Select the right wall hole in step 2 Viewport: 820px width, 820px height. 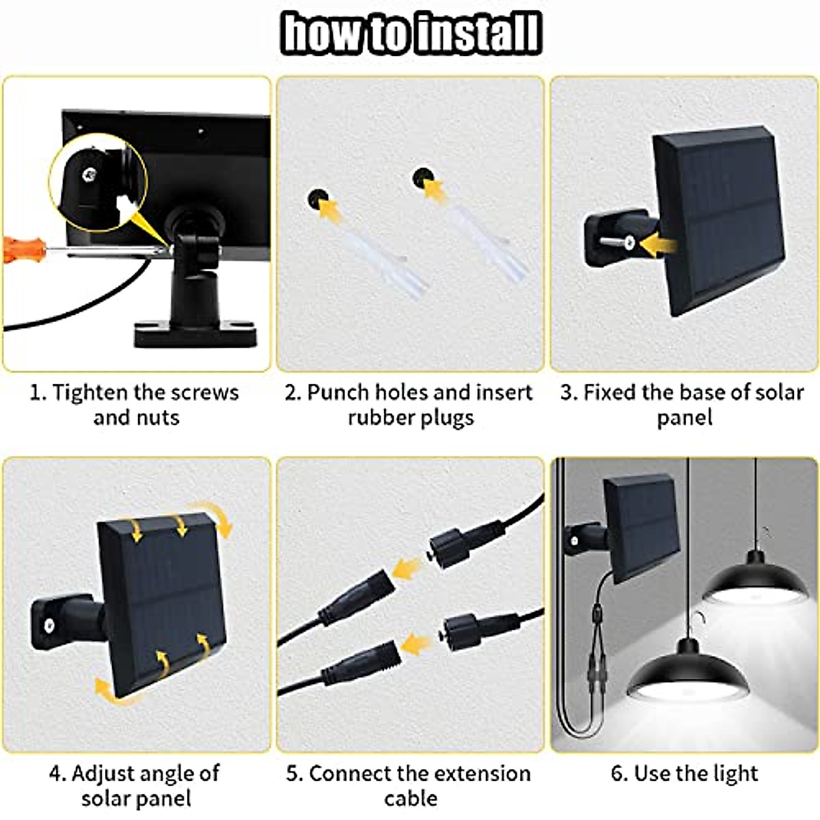[x=422, y=180]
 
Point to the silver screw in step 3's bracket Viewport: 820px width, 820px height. [x=627, y=241]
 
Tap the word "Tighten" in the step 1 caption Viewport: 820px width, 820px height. [x=90, y=393]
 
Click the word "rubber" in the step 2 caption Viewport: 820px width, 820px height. [x=379, y=418]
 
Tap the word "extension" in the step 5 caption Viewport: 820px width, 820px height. [x=482, y=774]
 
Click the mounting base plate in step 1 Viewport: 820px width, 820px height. [x=195, y=335]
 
